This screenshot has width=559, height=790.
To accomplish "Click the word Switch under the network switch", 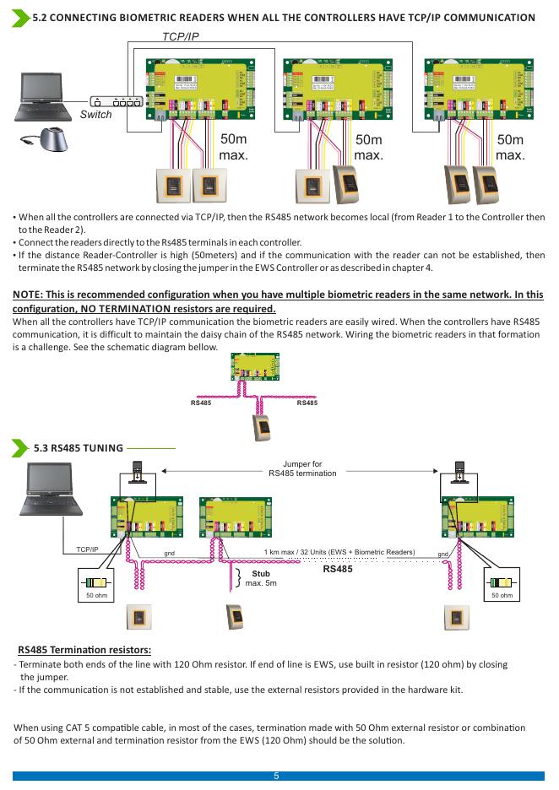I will (95, 115).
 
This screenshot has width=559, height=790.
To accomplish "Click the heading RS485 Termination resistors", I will (84, 650).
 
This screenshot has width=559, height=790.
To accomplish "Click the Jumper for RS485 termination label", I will (302, 468).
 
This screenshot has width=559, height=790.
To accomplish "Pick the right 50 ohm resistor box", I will (502, 585).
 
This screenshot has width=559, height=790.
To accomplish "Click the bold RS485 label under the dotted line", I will (341, 569).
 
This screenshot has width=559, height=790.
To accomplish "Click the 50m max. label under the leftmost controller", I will (232, 148).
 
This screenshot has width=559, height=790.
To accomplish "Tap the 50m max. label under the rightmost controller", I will (510, 148).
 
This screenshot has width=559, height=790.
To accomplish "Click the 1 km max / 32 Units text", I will (339, 552).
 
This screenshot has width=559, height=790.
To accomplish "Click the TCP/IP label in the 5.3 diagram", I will (87, 549).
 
